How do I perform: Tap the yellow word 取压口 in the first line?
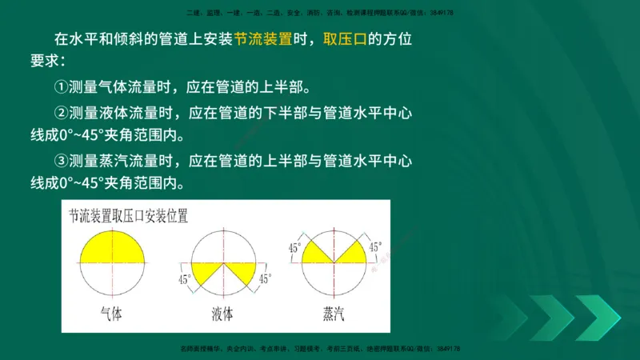[344, 39]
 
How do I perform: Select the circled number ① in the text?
[60, 86]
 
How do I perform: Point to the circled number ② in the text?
[60, 113]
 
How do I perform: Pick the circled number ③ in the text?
[60, 161]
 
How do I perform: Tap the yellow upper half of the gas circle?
[113, 247]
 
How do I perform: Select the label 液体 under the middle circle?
[222, 314]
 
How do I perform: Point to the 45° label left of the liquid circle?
[184, 279]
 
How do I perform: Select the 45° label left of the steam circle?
[294, 248]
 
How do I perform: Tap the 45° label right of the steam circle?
[374, 247]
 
